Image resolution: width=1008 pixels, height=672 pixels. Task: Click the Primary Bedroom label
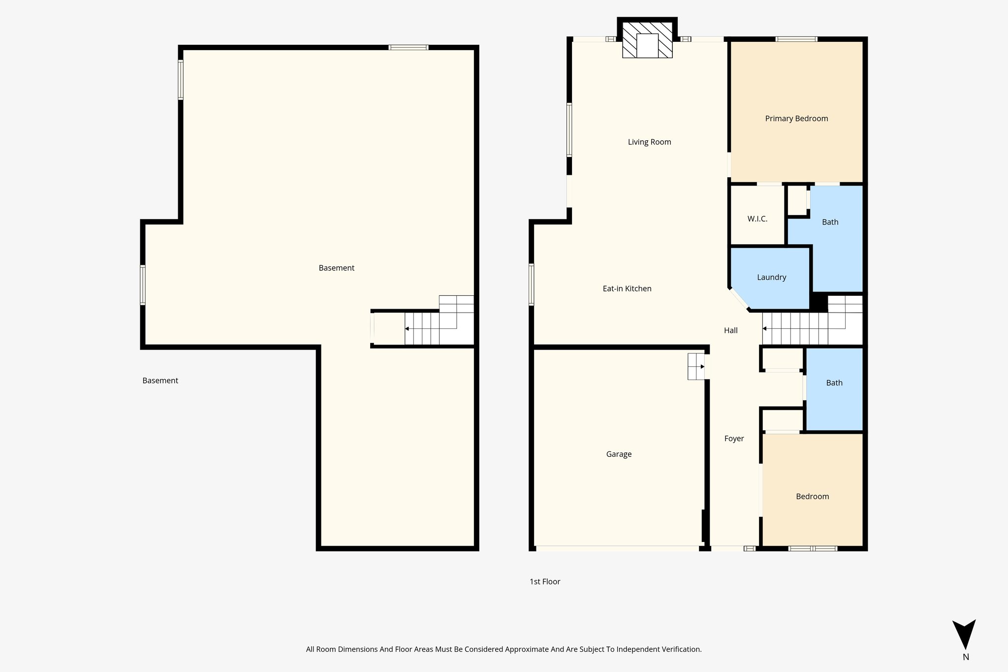(x=796, y=119)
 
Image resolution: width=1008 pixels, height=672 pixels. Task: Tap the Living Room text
(x=649, y=142)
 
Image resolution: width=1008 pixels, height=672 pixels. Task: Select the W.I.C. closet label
(x=757, y=219)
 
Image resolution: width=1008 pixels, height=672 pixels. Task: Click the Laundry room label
(x=771, y=278)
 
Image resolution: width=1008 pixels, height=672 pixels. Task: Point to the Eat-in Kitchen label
(x=627, y=289)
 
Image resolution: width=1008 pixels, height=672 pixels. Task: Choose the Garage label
(x=619, y=454)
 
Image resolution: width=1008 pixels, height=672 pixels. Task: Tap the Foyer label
(x=734, y=439)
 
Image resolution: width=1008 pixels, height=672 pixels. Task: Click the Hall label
(x=730, y=331)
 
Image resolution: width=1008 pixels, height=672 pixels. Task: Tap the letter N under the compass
(x=966, y=657)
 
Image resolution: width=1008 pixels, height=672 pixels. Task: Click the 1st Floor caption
(x=545, y=582)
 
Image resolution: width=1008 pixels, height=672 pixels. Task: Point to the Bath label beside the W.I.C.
(x=830, y=223)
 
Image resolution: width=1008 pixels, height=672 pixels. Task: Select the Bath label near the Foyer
(x=834, y=383)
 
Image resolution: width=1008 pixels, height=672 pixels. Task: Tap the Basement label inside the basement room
(x=336, y=268)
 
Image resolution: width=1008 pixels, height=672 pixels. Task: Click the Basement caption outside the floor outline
(x=160, y=381)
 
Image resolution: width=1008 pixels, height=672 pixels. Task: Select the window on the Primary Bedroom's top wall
(x=796, y=39)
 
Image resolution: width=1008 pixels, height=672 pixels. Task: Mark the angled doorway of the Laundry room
(x=738, y=299)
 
